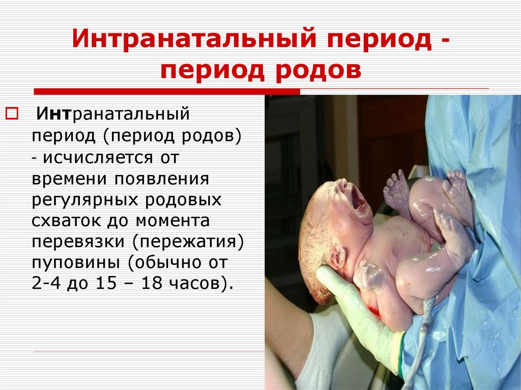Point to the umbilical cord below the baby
pos(425,325)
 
